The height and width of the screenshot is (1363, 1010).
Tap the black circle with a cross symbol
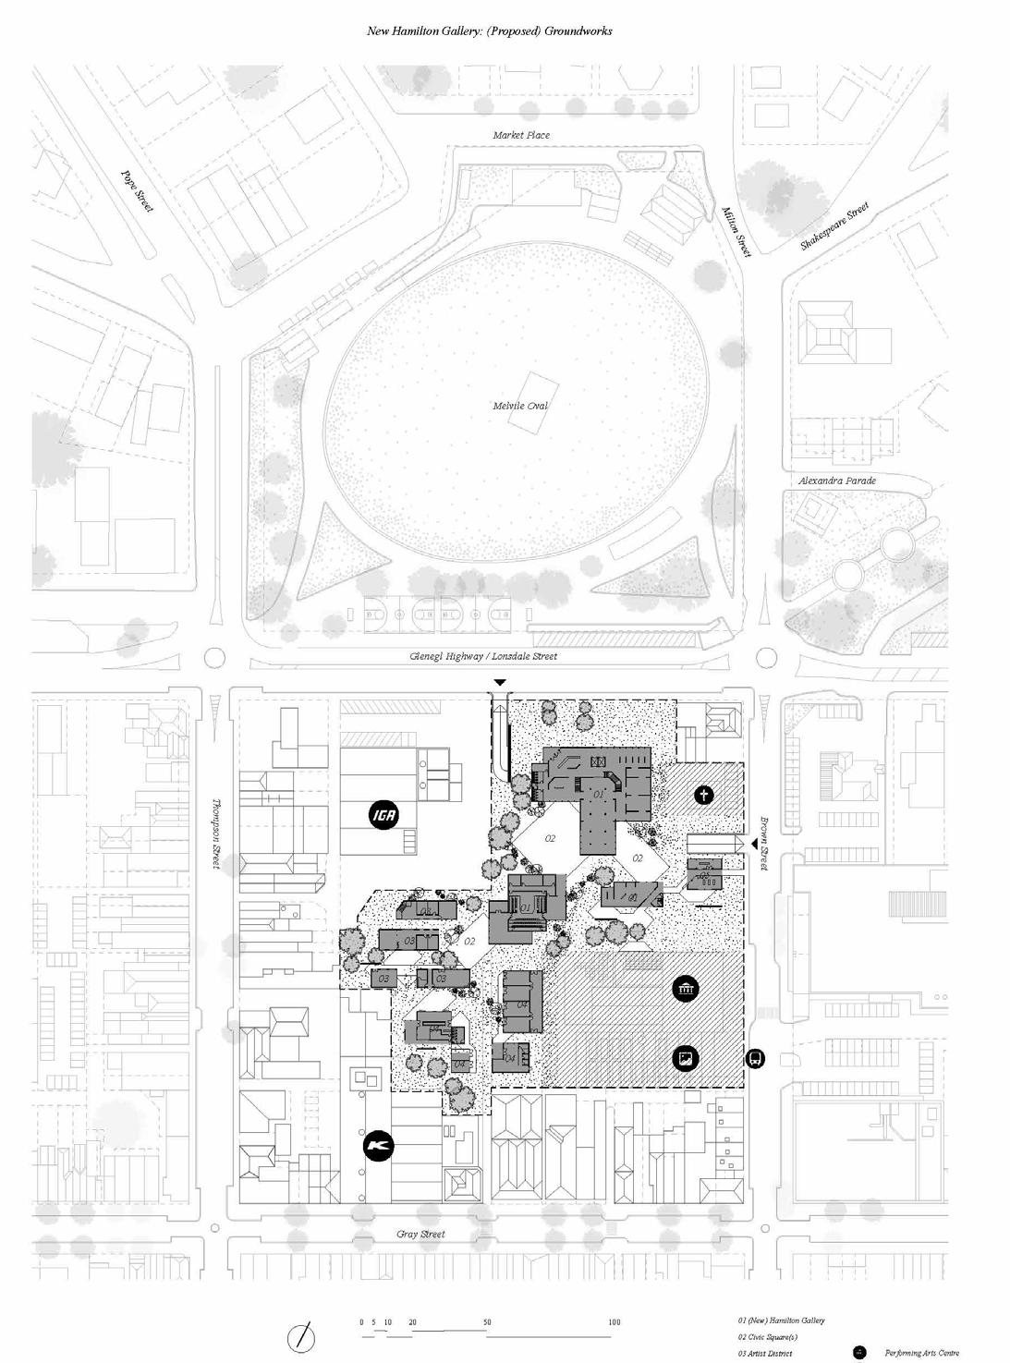pyautogui.click(x=704, y=795)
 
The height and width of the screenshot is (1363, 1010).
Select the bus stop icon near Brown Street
pyautogui.click(x=756, y=1059)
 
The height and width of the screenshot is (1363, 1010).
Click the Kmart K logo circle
pyautogui.click(x=378, y=1146)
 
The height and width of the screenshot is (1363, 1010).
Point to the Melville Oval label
pyautogui.click(x=520, y=406)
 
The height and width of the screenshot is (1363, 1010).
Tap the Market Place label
pyautogui.click(x=521, y=135)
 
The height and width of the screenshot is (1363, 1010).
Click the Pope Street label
pyautogui.click(x=137, y=191)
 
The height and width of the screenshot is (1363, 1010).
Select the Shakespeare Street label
pyautogui.click(x=834, y=226)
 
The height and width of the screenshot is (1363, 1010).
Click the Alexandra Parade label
pyautogui.click(x=837, y=481)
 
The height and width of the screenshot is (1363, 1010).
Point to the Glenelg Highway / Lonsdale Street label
pyautogui.click(x=483, y=656)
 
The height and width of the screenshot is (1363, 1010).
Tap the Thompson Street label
pyautogui.click(x=217, y=834)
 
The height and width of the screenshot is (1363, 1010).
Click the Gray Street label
pyautogui.click(x=420, y=1234)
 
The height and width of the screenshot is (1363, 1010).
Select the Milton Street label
pyautogui.click(x=736, y=231)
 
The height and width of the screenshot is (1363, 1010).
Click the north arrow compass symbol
pyautogui.click(x=302, y=1336)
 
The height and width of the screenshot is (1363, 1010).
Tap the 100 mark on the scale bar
pyautogui.click(x=615, y=1322)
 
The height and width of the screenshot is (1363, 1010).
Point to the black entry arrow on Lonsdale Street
pyautogui.click(x=500, y=682)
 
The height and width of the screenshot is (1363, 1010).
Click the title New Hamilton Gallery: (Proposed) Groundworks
pyautogui.click(x=490, y=30)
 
